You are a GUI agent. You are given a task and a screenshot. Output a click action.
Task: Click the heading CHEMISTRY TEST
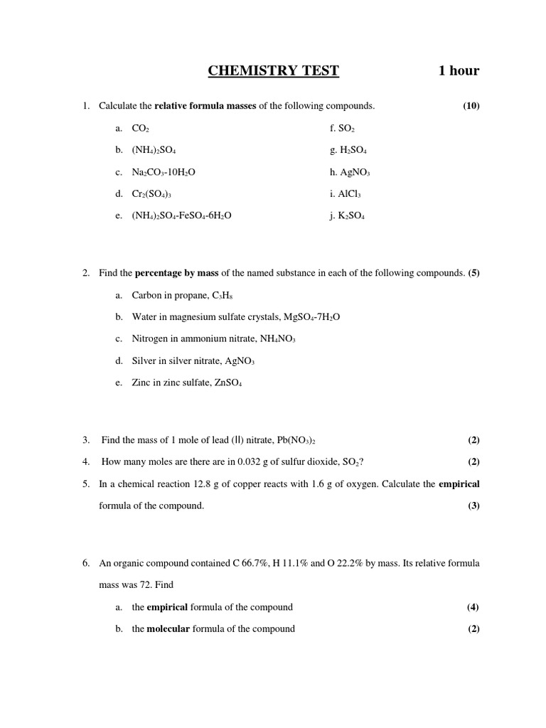click(x=273, y=70)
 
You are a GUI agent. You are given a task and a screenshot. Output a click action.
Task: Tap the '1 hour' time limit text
click(x=459, y=70)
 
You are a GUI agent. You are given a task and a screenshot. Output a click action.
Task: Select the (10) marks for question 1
click(x=471, y=106)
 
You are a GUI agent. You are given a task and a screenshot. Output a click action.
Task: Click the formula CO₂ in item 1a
click(x=140, y=129)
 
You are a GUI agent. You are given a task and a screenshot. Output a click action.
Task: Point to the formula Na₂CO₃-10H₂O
click(x=170, y=173)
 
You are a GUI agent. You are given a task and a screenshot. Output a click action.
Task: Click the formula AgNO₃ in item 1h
click(x=355, y=173)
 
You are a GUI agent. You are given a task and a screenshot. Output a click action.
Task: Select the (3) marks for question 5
click(x=473, y=505)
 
